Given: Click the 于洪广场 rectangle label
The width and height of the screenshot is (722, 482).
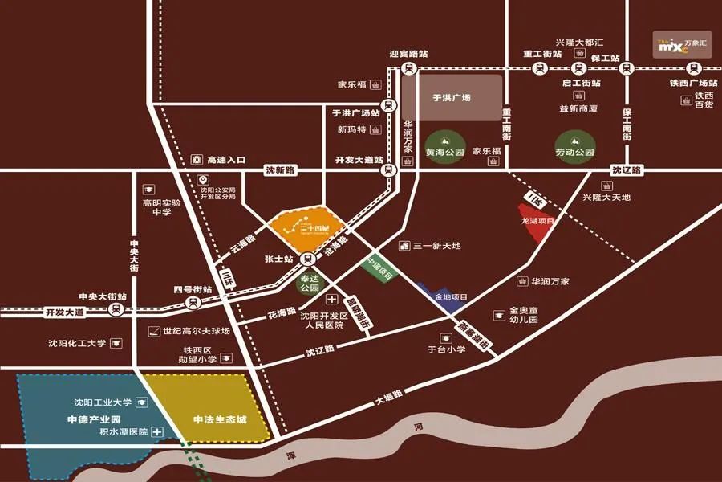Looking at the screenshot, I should coord(452,98).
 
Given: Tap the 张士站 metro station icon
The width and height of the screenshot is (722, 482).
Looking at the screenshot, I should coord(308,259).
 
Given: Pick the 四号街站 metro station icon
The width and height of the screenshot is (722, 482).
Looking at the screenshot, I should coord(193,302).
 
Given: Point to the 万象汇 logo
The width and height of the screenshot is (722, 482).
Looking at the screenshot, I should coord(682,44).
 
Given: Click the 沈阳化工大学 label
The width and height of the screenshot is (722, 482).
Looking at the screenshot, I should coord(77,344).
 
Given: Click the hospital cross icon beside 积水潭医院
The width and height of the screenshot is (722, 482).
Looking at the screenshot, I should coord(158,432).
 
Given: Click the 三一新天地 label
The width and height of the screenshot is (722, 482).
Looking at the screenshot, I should coord(436,246).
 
